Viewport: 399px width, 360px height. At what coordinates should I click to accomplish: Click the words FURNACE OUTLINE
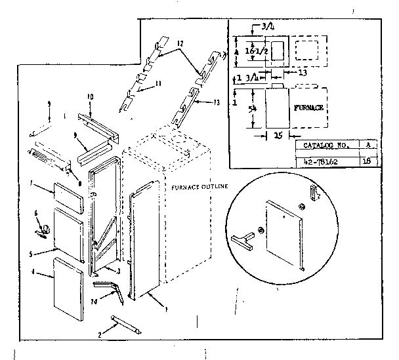199,186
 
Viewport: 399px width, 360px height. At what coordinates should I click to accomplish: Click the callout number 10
90,97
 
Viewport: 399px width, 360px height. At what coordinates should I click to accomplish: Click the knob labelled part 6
46,229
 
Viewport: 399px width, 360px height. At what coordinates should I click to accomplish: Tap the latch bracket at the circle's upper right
314,194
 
